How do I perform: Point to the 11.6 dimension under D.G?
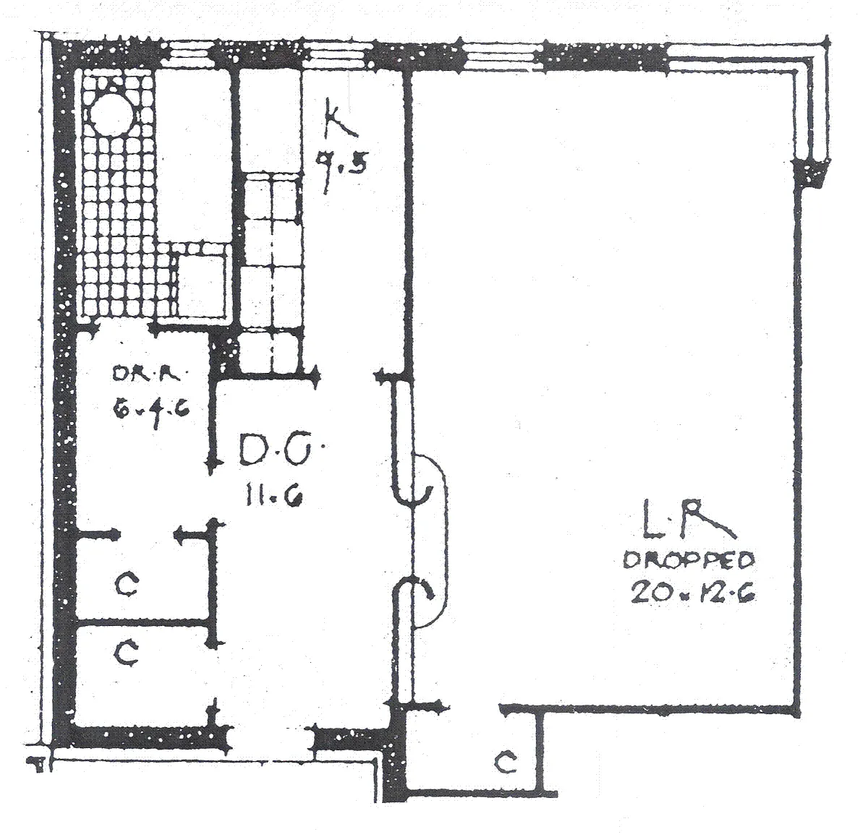point(273,497)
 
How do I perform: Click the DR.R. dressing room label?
point(150,374)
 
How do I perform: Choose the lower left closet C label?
point(127,653)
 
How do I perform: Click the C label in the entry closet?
point(507,762)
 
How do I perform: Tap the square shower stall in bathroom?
point(200,283)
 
